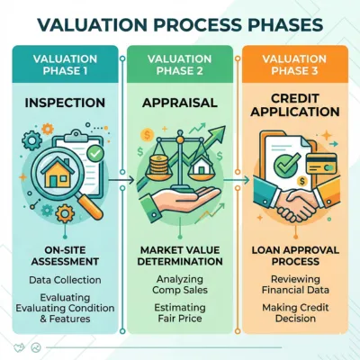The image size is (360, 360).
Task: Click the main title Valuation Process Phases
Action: pos(180,25)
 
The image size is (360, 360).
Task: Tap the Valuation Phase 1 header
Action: pos(65,65)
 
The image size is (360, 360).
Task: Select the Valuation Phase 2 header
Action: pos(180,65)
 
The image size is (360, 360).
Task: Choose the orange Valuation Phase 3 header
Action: pos(294,65)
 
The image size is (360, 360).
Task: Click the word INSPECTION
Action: pos(65,103)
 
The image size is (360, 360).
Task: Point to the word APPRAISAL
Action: pos(180,103)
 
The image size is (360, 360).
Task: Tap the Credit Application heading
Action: pos(295,105)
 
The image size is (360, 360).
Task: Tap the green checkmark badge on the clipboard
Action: pos(95,154)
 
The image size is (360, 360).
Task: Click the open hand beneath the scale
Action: pos(180,200)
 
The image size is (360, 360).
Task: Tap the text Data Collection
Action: pos(65,280)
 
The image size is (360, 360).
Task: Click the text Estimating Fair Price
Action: pos(180,313)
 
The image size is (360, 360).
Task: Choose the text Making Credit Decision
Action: pos(295,313)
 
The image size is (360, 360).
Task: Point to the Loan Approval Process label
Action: pos(295,256)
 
